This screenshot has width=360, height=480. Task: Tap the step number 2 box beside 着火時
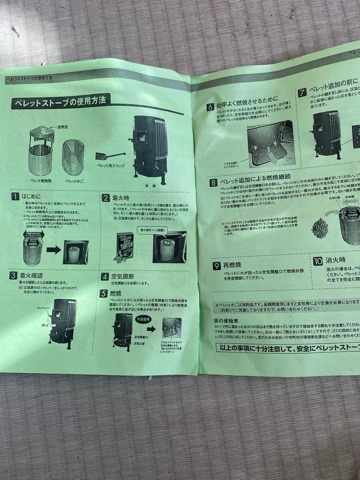(x=106, y=198)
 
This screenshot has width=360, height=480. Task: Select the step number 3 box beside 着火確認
(x=14, y=276)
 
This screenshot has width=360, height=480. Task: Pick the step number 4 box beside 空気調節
(x=104, y=276)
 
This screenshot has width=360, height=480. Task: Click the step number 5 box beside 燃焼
(x=103, y=293)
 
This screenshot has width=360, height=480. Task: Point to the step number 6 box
(x=210, y=107)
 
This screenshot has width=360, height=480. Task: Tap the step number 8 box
(x=214, y=182)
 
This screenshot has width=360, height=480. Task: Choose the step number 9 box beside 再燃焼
(x=216, y=266)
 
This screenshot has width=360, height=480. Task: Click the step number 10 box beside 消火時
(x=318, y=261)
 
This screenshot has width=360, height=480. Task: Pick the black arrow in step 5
(x=151, y=329)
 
